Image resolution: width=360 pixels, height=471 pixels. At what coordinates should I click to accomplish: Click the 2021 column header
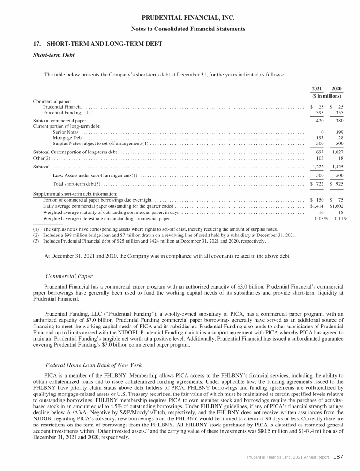(x=317, y=89)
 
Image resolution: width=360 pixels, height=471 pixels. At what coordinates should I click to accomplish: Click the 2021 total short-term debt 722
(x=319, y=184)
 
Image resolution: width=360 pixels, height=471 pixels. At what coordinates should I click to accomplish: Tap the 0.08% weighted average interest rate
(x=320, y=218)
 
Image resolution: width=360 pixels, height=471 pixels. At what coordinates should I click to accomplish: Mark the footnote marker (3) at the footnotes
(x=36, y=241)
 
